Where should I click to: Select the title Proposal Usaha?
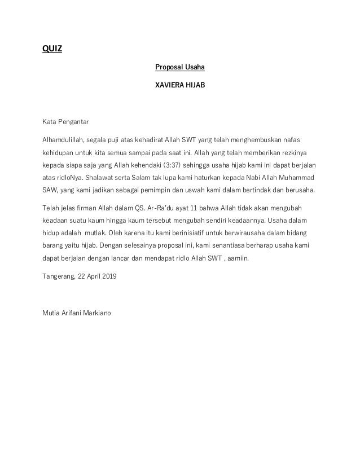pyautogui.click(x=179, y=68)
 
